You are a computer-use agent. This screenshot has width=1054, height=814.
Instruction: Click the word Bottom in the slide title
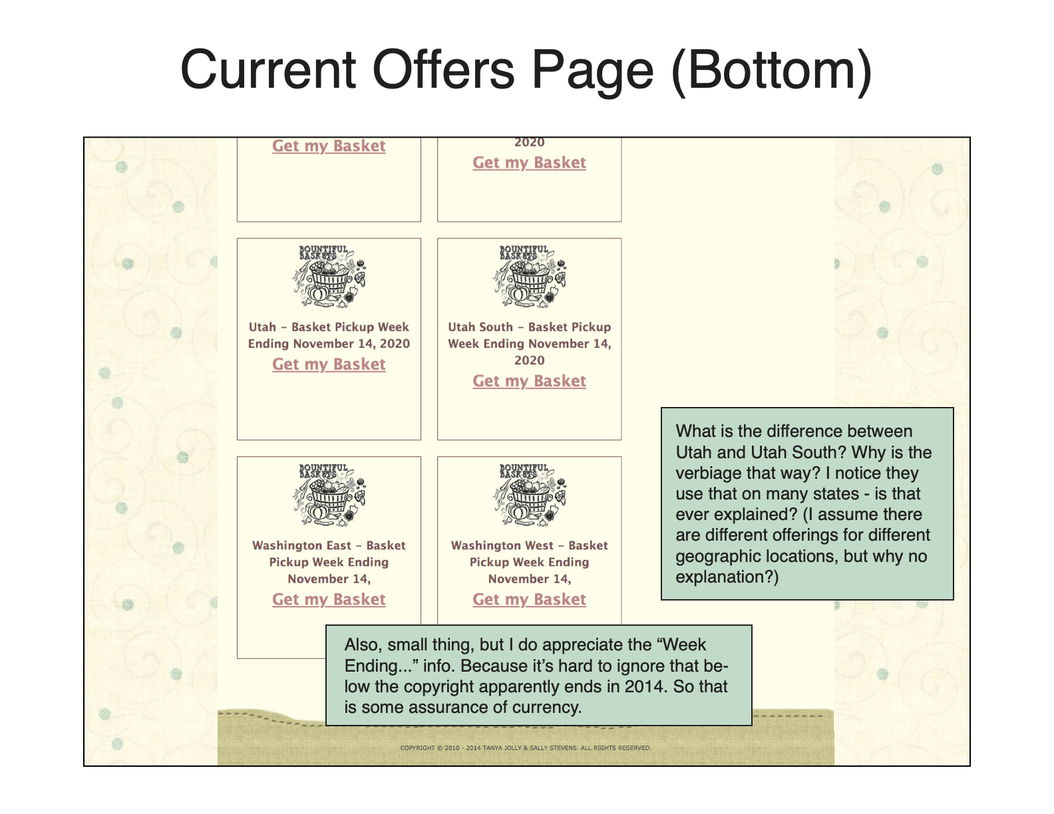click(771, 70)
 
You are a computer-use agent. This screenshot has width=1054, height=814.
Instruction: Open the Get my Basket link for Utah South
click(529, 381)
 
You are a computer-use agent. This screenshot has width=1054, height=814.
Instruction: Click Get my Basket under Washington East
click(329, 599)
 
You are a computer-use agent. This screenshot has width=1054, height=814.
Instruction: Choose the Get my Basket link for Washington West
click(529, 599)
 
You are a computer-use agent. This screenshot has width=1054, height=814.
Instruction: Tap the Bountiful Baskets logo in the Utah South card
click(529, 276)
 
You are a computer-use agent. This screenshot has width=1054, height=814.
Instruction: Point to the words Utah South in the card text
click(480, 327)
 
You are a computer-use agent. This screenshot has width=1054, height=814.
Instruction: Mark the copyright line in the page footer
click(526, 747)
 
